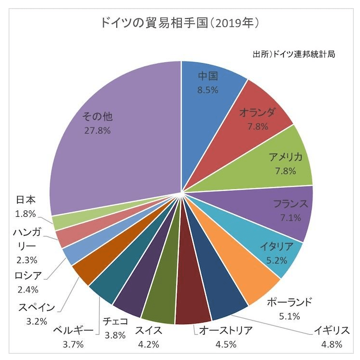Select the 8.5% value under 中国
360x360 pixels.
(208, 89)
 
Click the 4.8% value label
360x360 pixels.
(332, 343)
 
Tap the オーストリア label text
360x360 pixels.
(225, 330)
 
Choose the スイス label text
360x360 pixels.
(148, 330)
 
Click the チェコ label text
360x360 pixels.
(116, 321)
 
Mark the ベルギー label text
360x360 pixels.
(73, 330)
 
